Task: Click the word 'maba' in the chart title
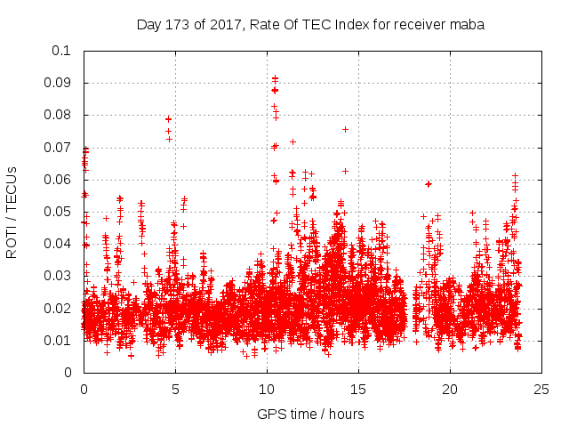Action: coord(468,25)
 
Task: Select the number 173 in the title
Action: coord(178,25)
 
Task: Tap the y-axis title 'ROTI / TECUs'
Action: coord(12,212)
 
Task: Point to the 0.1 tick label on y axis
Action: coord(63,51)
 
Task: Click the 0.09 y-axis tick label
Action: coord(59,83)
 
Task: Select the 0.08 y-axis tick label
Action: coord(59,115)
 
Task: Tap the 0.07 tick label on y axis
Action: coord(59,147)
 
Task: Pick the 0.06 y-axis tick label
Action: coord(59,179)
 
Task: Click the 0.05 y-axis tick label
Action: coord(59,212)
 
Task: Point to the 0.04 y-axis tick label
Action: coord(59,244)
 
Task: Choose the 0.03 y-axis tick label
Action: coord(59,276)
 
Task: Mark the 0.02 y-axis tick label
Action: coord(59,308)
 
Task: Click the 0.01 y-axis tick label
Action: coord(59,340)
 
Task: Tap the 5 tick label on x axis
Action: coord(175,389)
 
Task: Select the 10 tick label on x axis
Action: coord(267,389)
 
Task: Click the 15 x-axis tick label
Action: coord(358,389)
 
